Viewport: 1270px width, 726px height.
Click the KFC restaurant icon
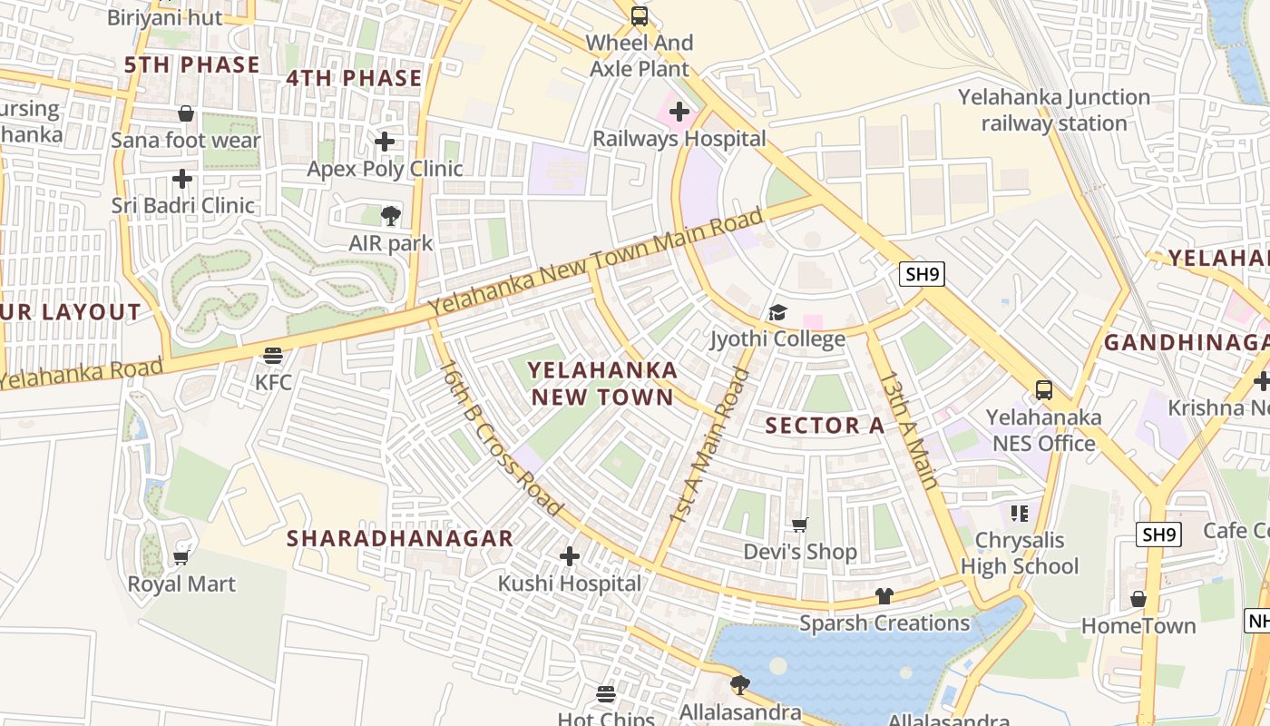coord(273,355)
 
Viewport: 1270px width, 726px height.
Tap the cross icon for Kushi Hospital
coord(570,555)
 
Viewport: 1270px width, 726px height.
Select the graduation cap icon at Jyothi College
coord(777,313)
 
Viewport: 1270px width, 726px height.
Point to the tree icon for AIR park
coord(391,215)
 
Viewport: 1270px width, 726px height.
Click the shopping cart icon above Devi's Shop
coord(800,525)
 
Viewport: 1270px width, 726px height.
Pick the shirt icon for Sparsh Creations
coord(884,595)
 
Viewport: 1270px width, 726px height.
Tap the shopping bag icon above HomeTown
coord(1138,599)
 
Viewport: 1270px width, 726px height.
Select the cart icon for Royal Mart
coord(181,557)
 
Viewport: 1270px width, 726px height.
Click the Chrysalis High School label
coord(1020,554)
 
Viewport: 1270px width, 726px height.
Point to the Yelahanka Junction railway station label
coord(1054,110)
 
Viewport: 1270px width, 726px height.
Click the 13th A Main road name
coord(907,430)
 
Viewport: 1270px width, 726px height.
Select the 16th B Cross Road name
coord(500,438)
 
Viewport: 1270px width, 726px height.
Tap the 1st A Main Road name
coord(709,445)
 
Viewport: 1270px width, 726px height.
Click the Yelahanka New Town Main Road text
coord(596,263)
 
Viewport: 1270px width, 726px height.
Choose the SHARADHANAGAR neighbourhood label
coord(400,538)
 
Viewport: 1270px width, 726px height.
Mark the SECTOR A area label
coord(824,426)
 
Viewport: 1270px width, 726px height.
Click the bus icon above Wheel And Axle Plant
coord(640,15)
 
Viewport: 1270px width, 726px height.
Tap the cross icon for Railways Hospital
coord(679,112)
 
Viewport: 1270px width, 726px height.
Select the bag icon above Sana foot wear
coord(186,113)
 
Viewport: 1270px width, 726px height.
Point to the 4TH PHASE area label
coord(354,78)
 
